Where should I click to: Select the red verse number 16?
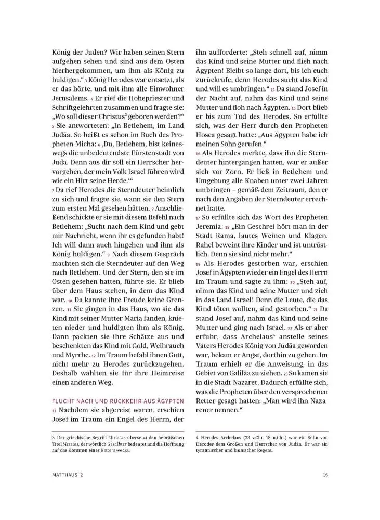pyautogui.click(x=198, y=154)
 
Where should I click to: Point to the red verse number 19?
pyautogui.click(x=198, y=264)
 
